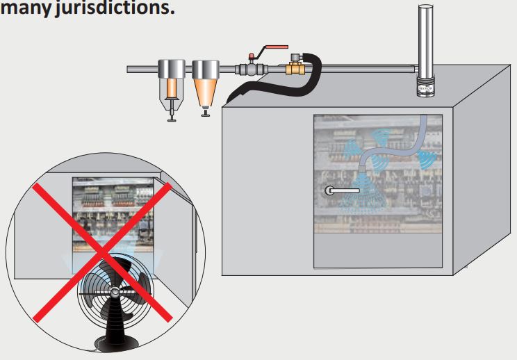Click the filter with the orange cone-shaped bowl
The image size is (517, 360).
[205, 83]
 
